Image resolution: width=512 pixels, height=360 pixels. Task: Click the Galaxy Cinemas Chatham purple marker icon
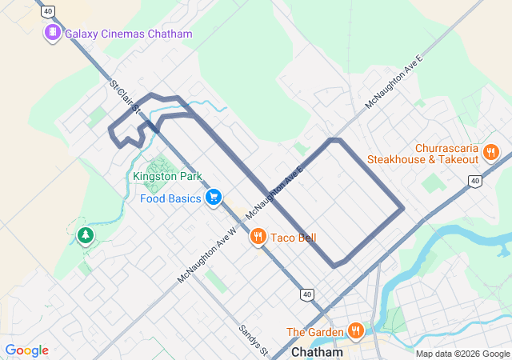click(x=53, y=33)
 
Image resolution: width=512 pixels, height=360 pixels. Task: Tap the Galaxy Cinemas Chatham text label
click(x=128, y=34)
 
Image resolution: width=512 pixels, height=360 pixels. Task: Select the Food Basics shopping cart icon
click(x=213, y=197)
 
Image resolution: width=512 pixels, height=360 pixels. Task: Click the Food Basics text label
click(x=170, y=198)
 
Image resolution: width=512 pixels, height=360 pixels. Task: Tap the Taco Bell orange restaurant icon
click(x=258, y=236)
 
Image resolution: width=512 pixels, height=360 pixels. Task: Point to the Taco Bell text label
click(x=293, y=238)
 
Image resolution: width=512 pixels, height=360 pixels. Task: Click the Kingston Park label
click(x=167, y=176)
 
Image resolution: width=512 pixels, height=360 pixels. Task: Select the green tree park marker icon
click(x=84, y=234)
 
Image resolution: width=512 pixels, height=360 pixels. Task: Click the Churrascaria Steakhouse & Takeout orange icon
click(x=491, y=151)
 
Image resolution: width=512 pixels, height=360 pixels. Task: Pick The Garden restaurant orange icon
click(x=355, y=330)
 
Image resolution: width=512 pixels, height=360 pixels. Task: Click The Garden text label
click(x=314, y=332)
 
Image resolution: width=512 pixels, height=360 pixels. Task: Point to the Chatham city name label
click(x=317, y=352)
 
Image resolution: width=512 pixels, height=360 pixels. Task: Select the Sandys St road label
click(x=253, y=340)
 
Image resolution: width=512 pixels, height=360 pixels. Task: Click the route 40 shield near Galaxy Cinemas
click(x=49, y=11)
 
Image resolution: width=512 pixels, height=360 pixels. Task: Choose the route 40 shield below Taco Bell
click(x=307, y=294)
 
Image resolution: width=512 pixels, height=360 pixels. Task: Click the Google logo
click(x=26, y=350)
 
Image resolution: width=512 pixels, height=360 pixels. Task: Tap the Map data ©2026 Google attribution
click(x=462, y=354)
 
